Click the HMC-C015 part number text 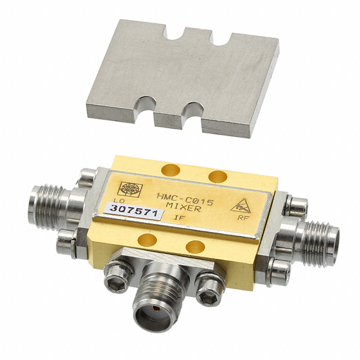point(185,199)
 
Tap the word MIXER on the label point(183,208)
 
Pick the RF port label point(242,218)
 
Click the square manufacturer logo point(130,189)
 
